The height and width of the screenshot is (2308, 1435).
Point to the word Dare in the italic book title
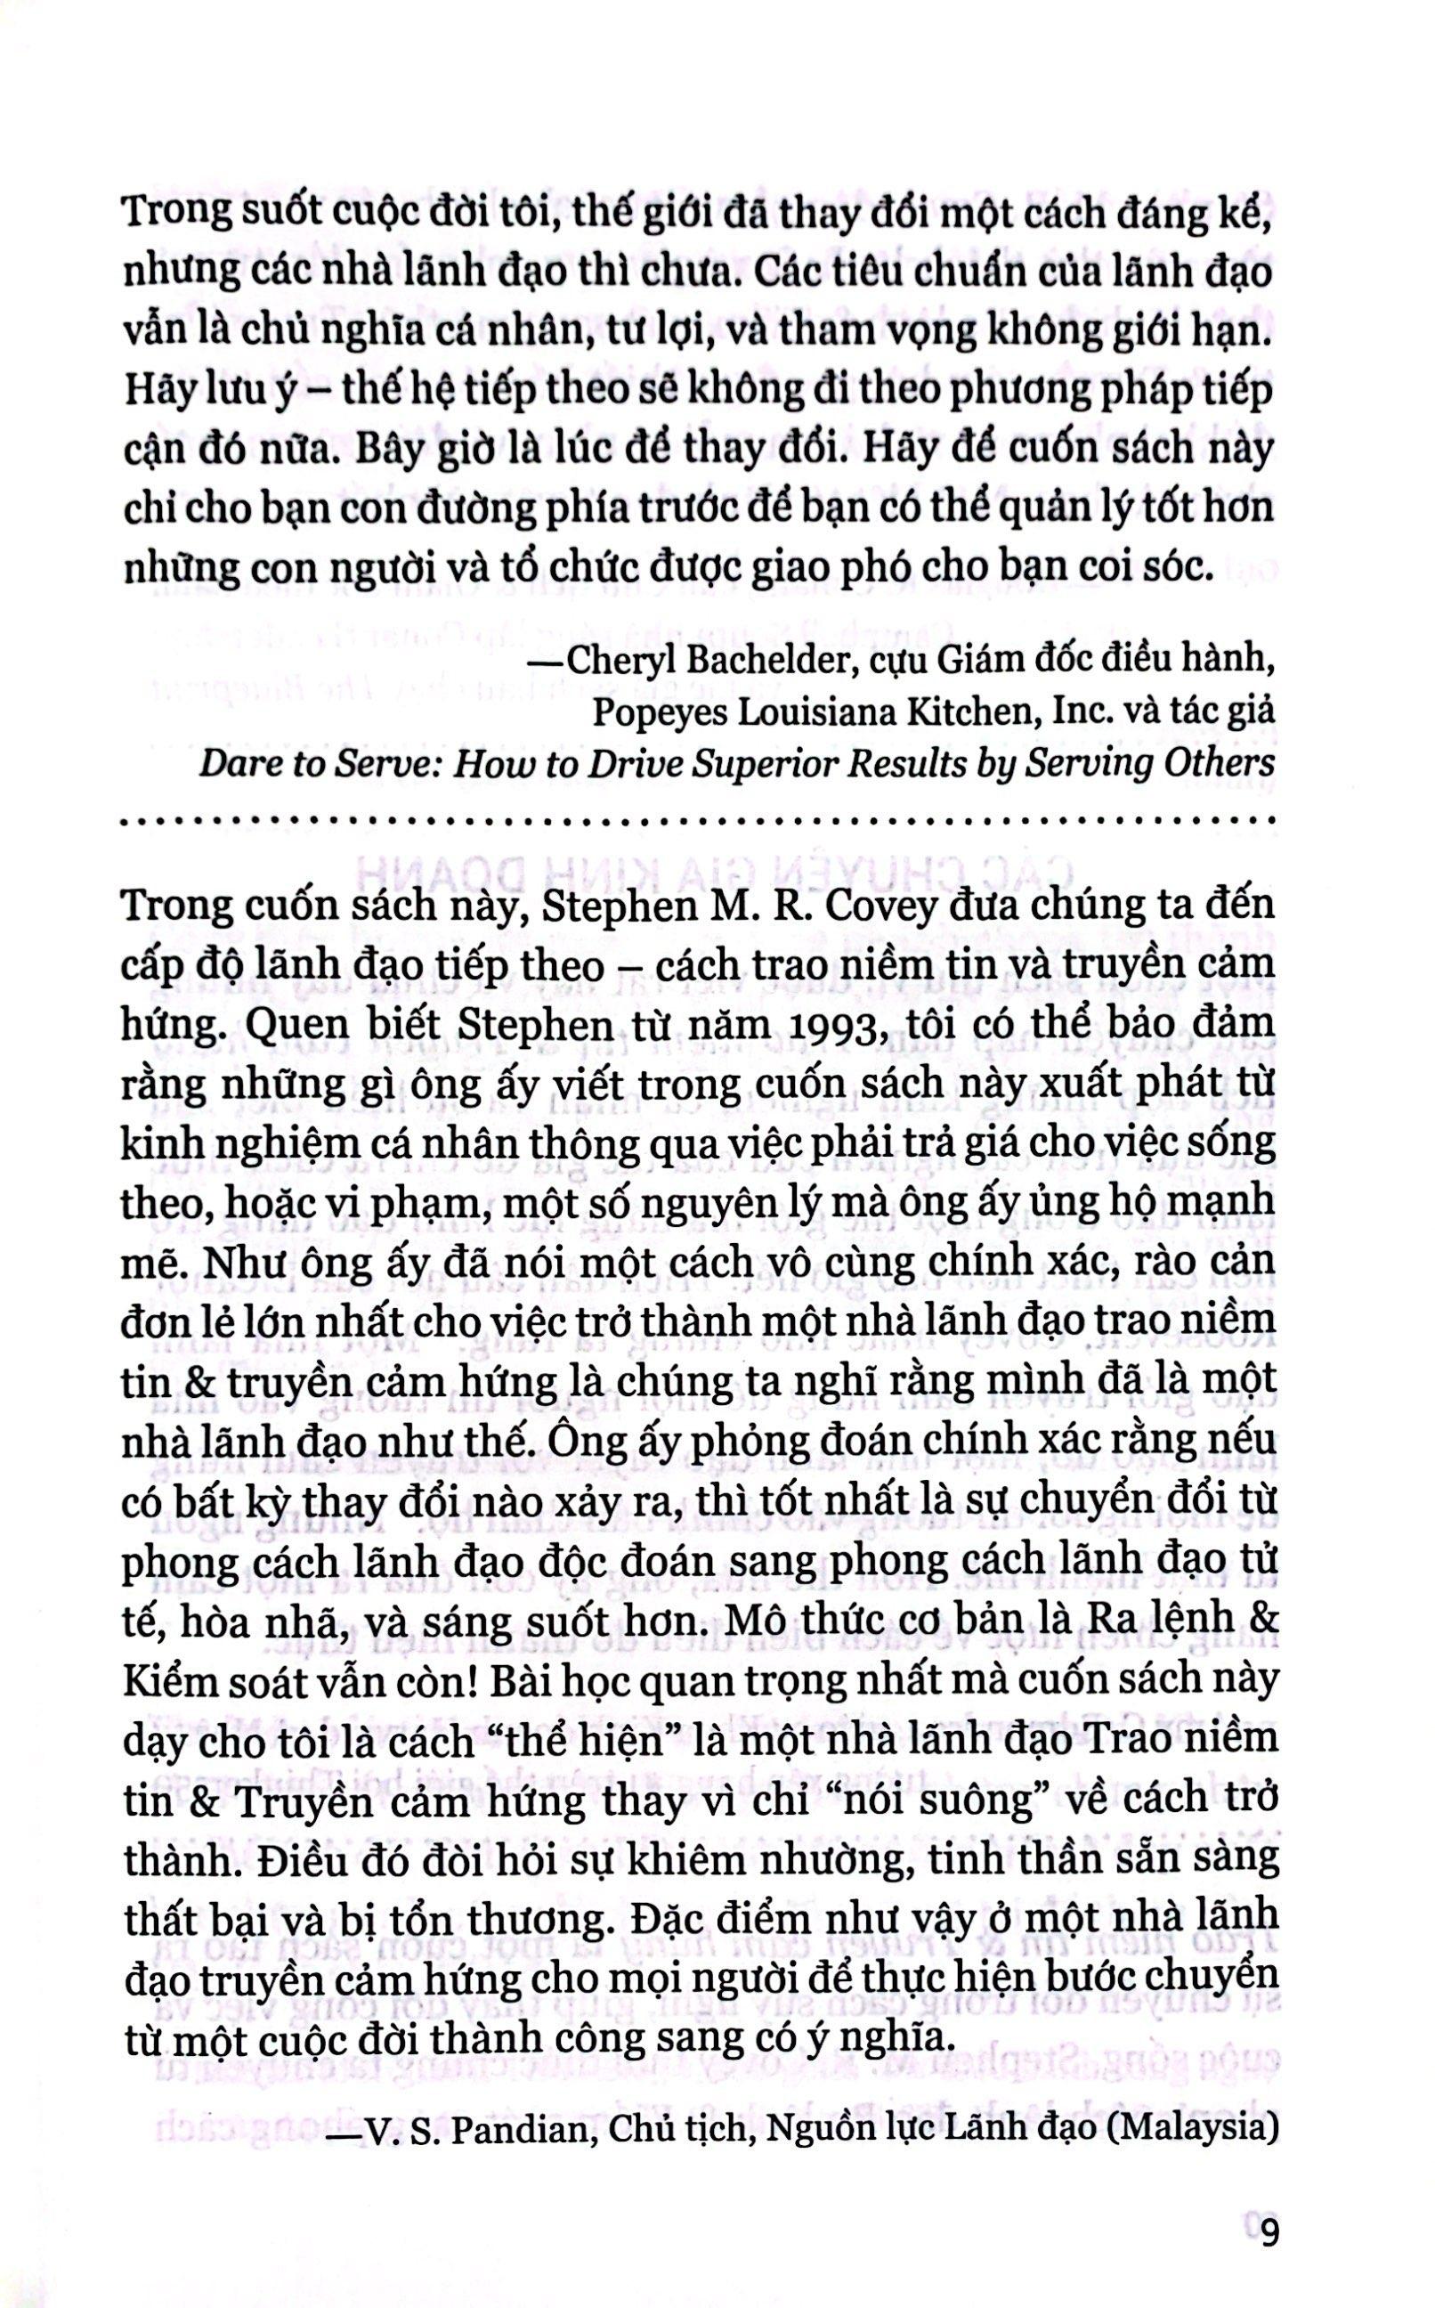point(235,763)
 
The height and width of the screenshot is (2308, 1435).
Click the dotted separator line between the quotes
point(699,819)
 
